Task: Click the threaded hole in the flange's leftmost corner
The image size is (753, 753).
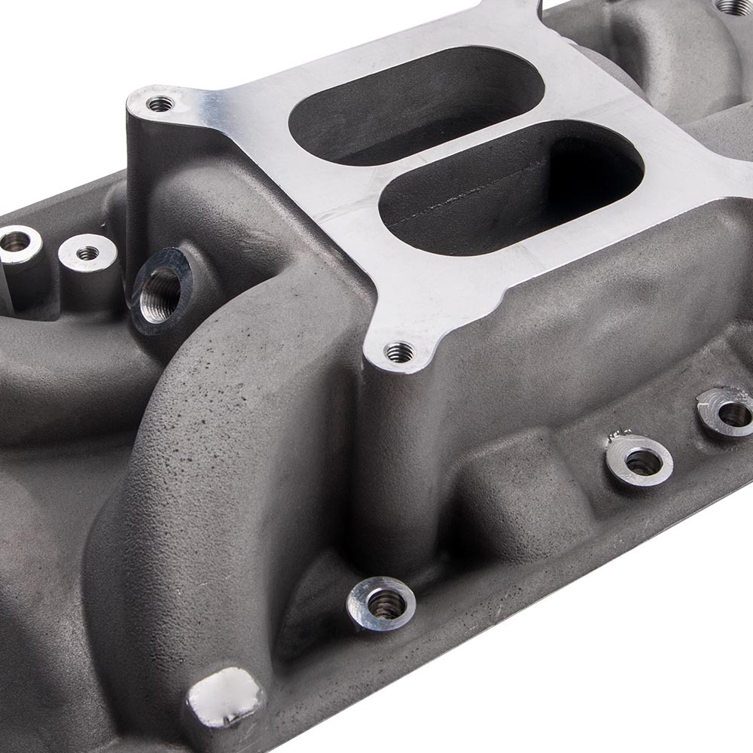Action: [160, 104]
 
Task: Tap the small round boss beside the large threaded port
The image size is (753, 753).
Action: [88, 253]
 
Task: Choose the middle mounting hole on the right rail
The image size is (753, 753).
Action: [640, 459]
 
